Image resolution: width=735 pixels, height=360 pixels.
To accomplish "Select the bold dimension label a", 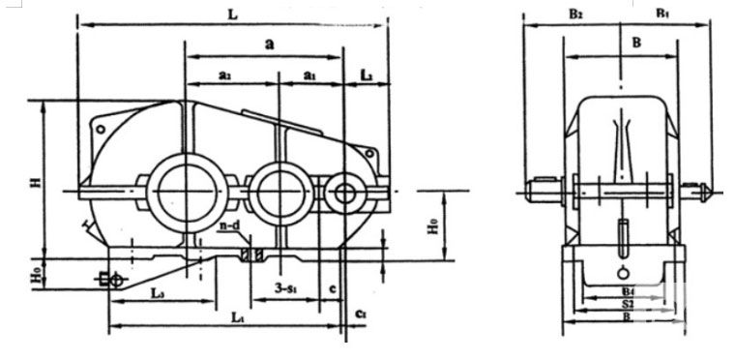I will tap(269, 44).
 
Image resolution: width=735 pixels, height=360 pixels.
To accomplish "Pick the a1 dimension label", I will tap(309, 75).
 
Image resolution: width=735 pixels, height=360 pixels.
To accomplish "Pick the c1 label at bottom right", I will tap(361, 315).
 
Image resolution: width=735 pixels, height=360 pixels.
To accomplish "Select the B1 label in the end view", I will tap(663, 15).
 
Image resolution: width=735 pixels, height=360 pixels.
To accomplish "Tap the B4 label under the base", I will tap(628, 290).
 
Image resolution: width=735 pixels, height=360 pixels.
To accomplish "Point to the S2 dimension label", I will tap(628, 303).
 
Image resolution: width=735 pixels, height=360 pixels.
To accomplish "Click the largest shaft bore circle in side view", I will tap(182, 188).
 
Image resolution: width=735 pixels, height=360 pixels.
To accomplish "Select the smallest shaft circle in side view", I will tap(343, 192).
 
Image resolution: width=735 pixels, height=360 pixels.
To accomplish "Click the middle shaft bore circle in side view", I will tap(279, 189).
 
